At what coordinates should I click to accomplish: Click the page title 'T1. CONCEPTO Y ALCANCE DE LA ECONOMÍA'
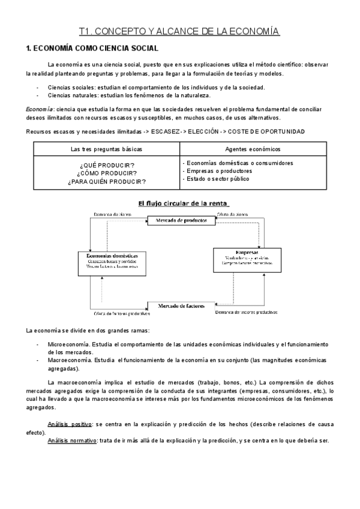179,31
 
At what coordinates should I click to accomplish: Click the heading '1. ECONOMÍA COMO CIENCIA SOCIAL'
91,48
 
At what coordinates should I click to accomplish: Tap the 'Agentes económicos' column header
253,149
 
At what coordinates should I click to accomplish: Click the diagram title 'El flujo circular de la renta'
184,203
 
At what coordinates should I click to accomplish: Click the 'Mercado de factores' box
181,306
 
